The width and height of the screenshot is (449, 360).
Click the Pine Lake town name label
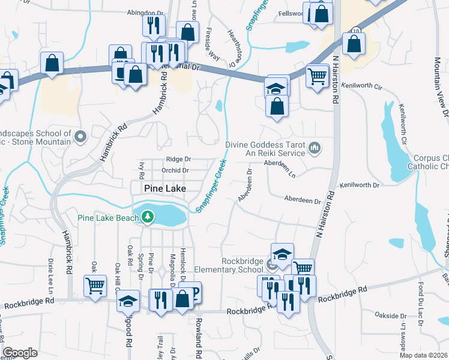click(x=165, y=188)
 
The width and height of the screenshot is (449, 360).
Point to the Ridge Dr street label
click(x=178, y=159)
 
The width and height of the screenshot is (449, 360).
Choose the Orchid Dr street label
click(x=175, y=170)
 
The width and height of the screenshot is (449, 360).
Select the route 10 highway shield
click(x=356, y=30)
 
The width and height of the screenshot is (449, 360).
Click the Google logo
click(x=20, y=353)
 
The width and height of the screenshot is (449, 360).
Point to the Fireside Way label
click(x=212, y=44)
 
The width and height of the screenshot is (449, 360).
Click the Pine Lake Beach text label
click(x=108, y=217)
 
